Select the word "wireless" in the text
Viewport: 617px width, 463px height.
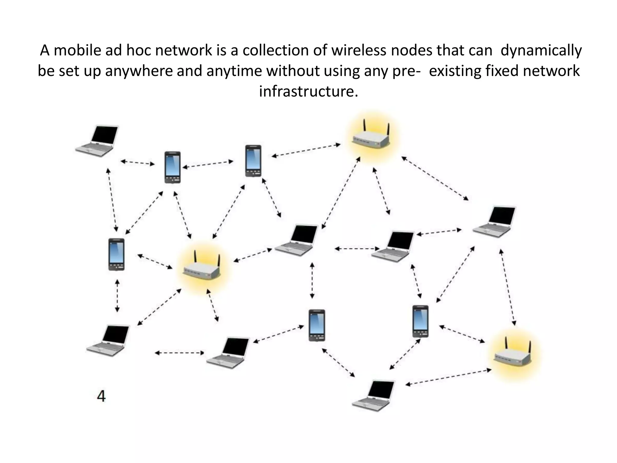pos(359,50)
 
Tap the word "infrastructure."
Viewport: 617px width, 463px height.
pos(308,91)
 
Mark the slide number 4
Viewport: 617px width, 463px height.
pos(102,396)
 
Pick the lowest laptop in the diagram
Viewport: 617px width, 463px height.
pos(374,395)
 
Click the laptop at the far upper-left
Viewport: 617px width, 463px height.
pos(97,140)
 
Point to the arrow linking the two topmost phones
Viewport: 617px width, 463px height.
pos(208,164)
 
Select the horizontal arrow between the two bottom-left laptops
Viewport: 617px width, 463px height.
pos(179,353)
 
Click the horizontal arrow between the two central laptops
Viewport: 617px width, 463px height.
pos(357,249)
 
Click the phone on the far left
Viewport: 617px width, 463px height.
pos(116,254)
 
